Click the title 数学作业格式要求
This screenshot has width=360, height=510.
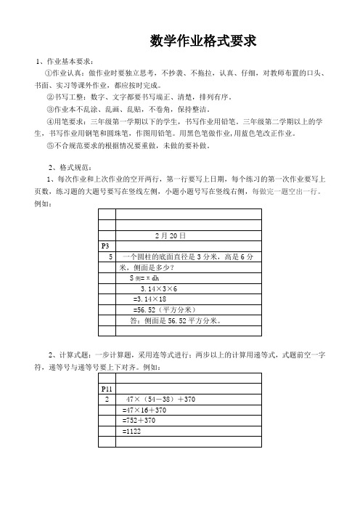click(202, 40)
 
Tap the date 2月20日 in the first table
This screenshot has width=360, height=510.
click(171, 236)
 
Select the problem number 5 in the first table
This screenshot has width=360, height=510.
click(110, 257)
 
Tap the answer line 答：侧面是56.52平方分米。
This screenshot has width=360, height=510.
click(174, 320)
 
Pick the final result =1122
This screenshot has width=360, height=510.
click(132, 431)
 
